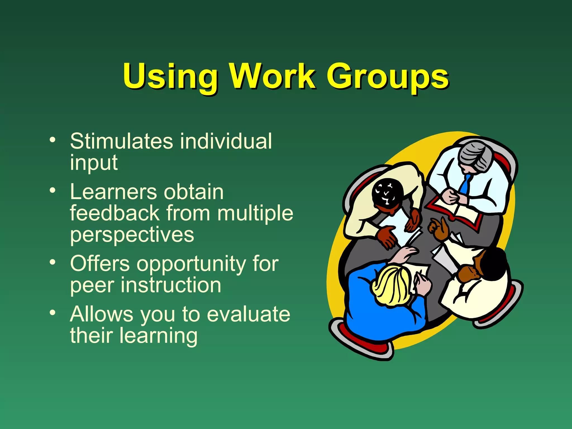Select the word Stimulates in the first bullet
tap(121, 141)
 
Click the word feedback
tap(115, 213)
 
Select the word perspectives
tap(132, 235)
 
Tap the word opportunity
tap(191, 264)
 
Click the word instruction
tap(171, 285)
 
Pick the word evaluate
tap(248, 314)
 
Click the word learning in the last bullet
tap(158, 336)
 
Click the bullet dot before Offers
tap(52, 262)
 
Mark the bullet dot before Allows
tap(52, 313)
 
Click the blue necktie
tap(465, 184)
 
